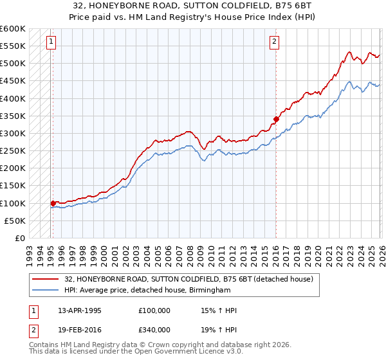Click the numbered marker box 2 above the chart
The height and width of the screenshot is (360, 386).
pos(274,42)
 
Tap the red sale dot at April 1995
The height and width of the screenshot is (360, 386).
pos(53,203)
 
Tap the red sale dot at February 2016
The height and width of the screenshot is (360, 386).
pos(276,119)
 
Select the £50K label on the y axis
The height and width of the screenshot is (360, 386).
pos(15,221)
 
